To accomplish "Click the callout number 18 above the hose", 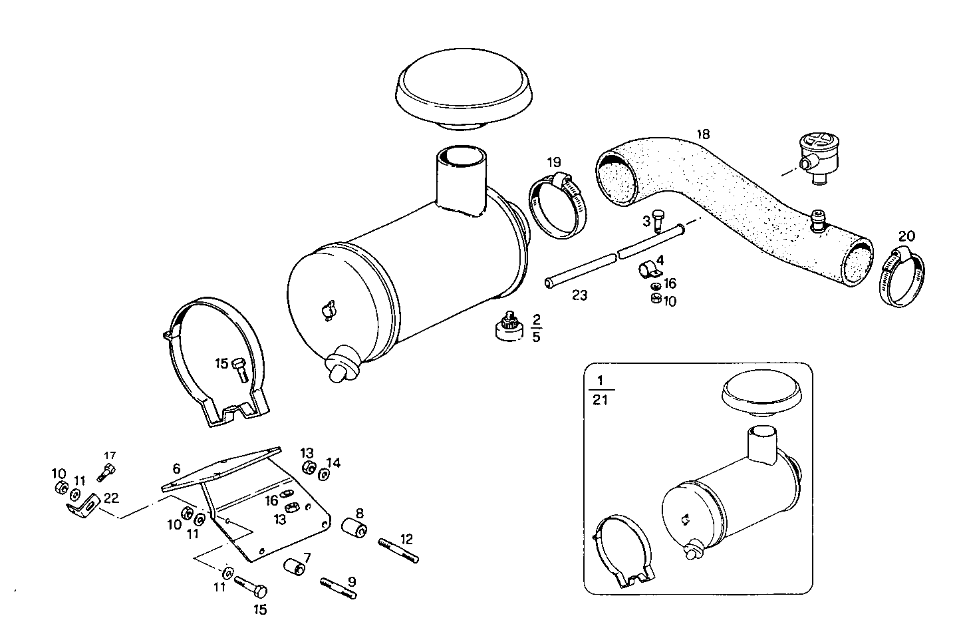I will pyautogui.click(x=702, y=134).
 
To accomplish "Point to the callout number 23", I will pyautogui.click(x=579, y=295).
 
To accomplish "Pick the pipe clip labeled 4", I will pyautogui.click(x=648, y=270).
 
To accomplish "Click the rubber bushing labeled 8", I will pyautogui.click(x=354, y=530).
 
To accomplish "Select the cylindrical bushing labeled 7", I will pyautogui.click(x=294, y=568).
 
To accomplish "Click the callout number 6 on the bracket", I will pyautogui.click(x=176, y=468).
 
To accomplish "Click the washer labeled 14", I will pyautogui.click(x=324, y=474).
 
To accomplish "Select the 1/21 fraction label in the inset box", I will pyautogui.click(x=601, y=390).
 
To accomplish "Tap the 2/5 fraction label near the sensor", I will pyautogui.click(x=536, y=328).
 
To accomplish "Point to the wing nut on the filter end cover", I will pyautogui.click(x=327, y=310).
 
